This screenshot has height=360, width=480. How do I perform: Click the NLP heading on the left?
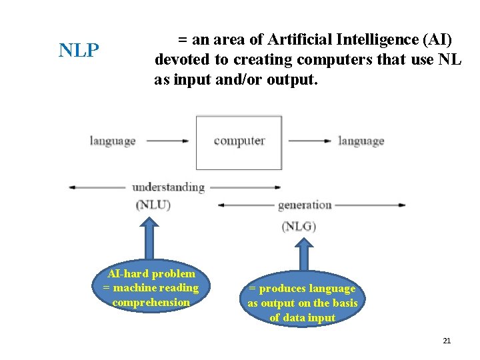click(79, 51)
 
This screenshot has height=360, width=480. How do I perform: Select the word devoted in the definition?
click(181, 60)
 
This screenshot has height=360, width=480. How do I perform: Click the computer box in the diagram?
click(239, 142)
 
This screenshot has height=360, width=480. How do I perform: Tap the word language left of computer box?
click(113, 141)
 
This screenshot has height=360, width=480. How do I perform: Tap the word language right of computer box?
click(361, 141)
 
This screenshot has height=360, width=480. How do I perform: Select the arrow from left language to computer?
click(167, 141)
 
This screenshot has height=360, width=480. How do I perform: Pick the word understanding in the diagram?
click(168, 187)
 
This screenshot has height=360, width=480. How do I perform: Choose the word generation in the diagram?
click(305, 205)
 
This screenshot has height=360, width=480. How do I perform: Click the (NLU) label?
click(153, 205)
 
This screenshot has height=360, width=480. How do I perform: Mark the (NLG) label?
click(299, 227)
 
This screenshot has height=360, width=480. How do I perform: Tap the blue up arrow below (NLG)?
click(303, 255)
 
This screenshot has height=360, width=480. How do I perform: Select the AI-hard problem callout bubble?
click(151, 288)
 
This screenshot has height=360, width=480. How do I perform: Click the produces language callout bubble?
click(303, 303)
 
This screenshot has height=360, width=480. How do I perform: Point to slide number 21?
click(447, 341)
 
